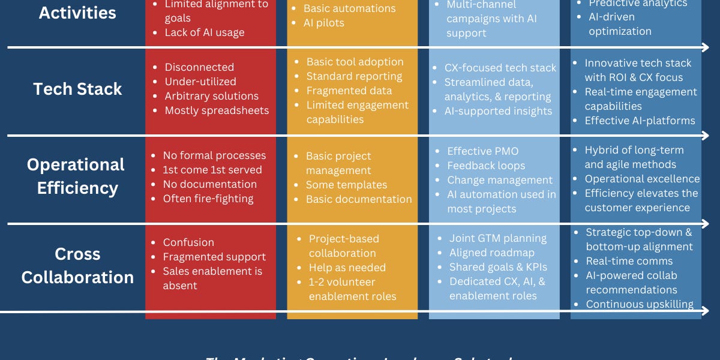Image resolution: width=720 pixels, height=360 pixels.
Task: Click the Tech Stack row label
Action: pyautogui.click(x=77, y=89)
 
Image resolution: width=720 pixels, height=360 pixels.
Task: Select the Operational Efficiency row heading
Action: pyautogui.click(x=76, y=176)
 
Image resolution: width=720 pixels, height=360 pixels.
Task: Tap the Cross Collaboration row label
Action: pyautogui.click(x=77, y=265)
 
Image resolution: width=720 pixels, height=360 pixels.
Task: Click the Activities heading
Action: pyautogui.click(x=78, y=12)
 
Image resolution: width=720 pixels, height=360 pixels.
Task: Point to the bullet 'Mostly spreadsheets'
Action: pyautogui.click(x=217, y=110)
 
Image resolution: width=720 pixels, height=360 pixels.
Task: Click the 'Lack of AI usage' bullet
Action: pyautogui.click(x=204, y=32)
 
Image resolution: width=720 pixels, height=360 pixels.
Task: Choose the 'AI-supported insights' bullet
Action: pyautogui.click(x=498, y=111)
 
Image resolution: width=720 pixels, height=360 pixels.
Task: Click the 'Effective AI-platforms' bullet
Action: pyautogui.click(x=640, y=121)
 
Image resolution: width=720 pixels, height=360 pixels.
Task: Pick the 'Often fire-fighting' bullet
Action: pyautogui.click(x=208, y=199)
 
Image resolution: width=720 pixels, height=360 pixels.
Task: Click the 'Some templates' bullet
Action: pyautogui.click(x=346, y=185)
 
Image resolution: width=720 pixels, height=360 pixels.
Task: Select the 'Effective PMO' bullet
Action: pyautogui.click(x=482, y=151)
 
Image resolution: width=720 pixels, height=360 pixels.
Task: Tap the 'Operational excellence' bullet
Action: pyautogui.click(x=642, y=179)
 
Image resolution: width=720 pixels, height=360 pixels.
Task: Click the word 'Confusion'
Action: pyautogui.click(x=188, y=242)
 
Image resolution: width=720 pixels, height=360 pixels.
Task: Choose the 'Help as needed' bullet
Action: pyautogui.click(x=347, y=268)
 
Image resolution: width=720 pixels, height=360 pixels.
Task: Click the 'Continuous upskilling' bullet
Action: pyautogui.click(x=640, y=304)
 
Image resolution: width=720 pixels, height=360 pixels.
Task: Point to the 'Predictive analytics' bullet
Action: pyautogui.click(x=637, y=4)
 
